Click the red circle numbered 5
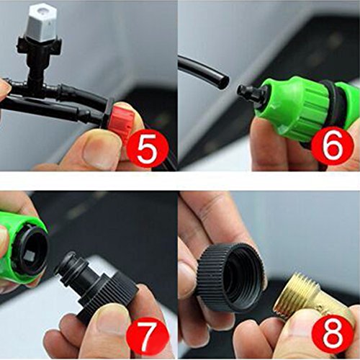[147, 147]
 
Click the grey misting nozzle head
[44, 22]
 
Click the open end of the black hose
[223, 81]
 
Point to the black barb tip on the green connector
[247, 91]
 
